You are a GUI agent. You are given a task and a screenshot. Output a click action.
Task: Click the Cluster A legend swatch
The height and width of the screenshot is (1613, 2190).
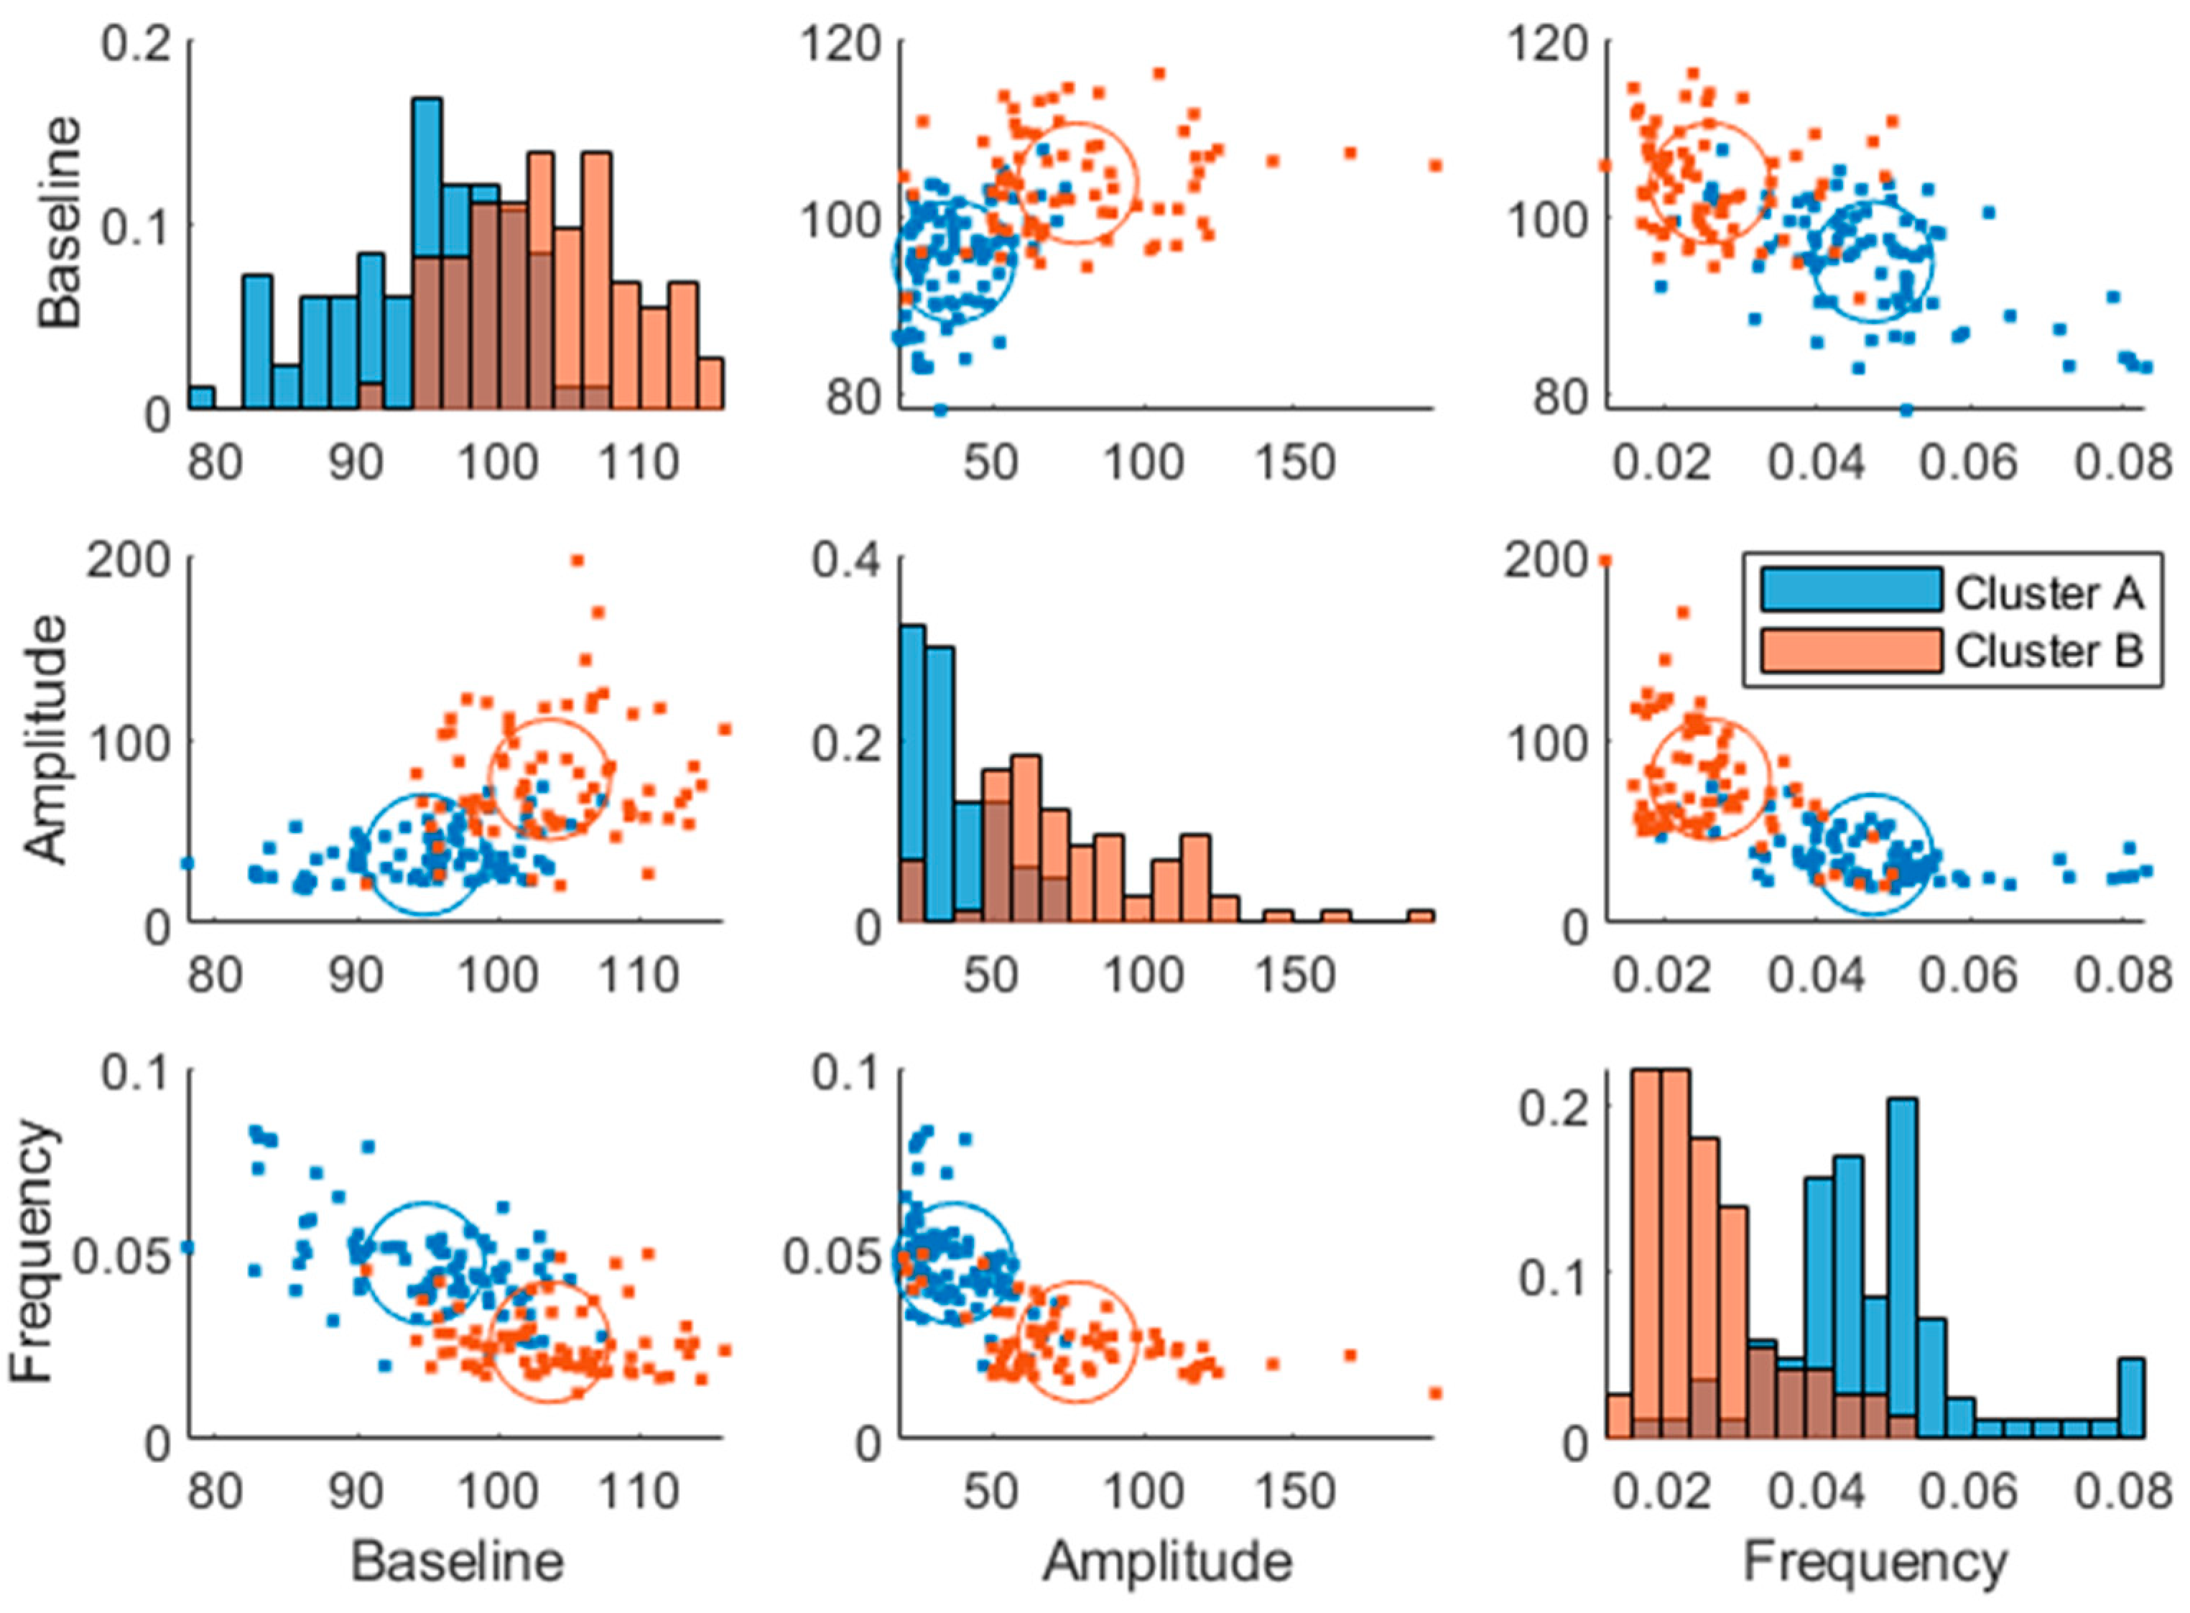[x=1850, y=591]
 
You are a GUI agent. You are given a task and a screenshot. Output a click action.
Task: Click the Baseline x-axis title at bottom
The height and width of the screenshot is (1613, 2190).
[x=457, y=1561]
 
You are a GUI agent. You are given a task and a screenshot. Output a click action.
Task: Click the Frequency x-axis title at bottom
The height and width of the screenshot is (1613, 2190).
[x=1875, y=1561]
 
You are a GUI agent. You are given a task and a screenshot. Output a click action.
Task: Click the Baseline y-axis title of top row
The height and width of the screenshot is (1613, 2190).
[x=60, y=223]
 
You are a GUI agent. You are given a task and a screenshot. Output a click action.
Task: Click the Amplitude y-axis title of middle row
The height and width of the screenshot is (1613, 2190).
[x=47, y=739]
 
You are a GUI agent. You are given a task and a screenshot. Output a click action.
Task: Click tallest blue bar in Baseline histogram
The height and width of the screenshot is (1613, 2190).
[x=427, y=254]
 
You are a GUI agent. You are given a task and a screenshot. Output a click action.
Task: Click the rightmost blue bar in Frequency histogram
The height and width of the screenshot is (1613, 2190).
[x=2130, y=1398]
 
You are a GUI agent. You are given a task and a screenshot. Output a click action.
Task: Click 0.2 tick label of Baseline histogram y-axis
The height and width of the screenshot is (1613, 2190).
[x=136, y=46]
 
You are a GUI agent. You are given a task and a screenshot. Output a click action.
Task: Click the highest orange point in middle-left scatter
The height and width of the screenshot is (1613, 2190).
[x=577, y=560]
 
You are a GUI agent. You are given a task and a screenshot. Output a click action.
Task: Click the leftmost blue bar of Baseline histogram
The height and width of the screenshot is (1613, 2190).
[x=201, y=399]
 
